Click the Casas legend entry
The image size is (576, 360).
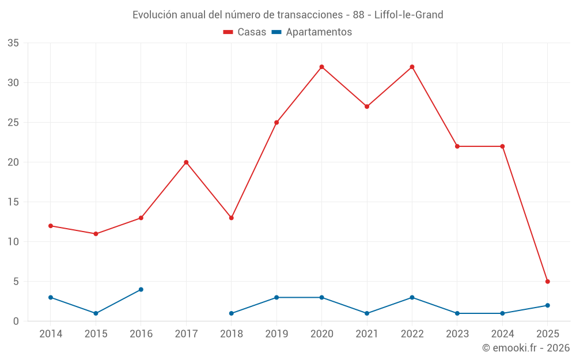pyautogui.click(x=245, y=32)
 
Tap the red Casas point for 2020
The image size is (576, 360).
pyautogui.click(x=322, y=67)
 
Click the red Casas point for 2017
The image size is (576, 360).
pyautogui.click(x=186, y=162)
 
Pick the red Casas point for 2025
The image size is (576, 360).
pyautogui.click(x=548, y=282)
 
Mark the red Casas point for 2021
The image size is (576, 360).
pyautogui.click(x=367, y=107)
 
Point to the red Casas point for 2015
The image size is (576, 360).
pyautogui.click(x=96, y=234)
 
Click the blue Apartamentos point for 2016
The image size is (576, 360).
pyautogui.click(x=141, y=290)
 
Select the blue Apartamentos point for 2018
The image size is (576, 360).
pyautogui.click(x=232, y=313)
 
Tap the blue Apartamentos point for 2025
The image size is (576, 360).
pyautogui.click(x=548, y=305)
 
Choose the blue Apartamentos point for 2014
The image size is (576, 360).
pyautogui.click(x=51, y=297)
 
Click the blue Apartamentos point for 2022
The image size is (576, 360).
pyautogui.click(x=412, y=297)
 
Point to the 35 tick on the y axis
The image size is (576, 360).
pyautogui.click(x=13, y=43)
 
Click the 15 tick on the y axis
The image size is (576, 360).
pyautogui.click(x=13, y=202)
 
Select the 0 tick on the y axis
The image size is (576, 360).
pyautogui.click(x=16, y=321)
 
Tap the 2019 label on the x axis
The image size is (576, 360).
pyautogui.click(x=276, y=334)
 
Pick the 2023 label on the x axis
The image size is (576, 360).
pyautogui.click(x=457, y=334)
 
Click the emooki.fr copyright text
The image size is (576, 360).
pyautogui.click(x=526, y=348)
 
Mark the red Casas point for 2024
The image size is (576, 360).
pyautogui.click(x=502, y=146)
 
